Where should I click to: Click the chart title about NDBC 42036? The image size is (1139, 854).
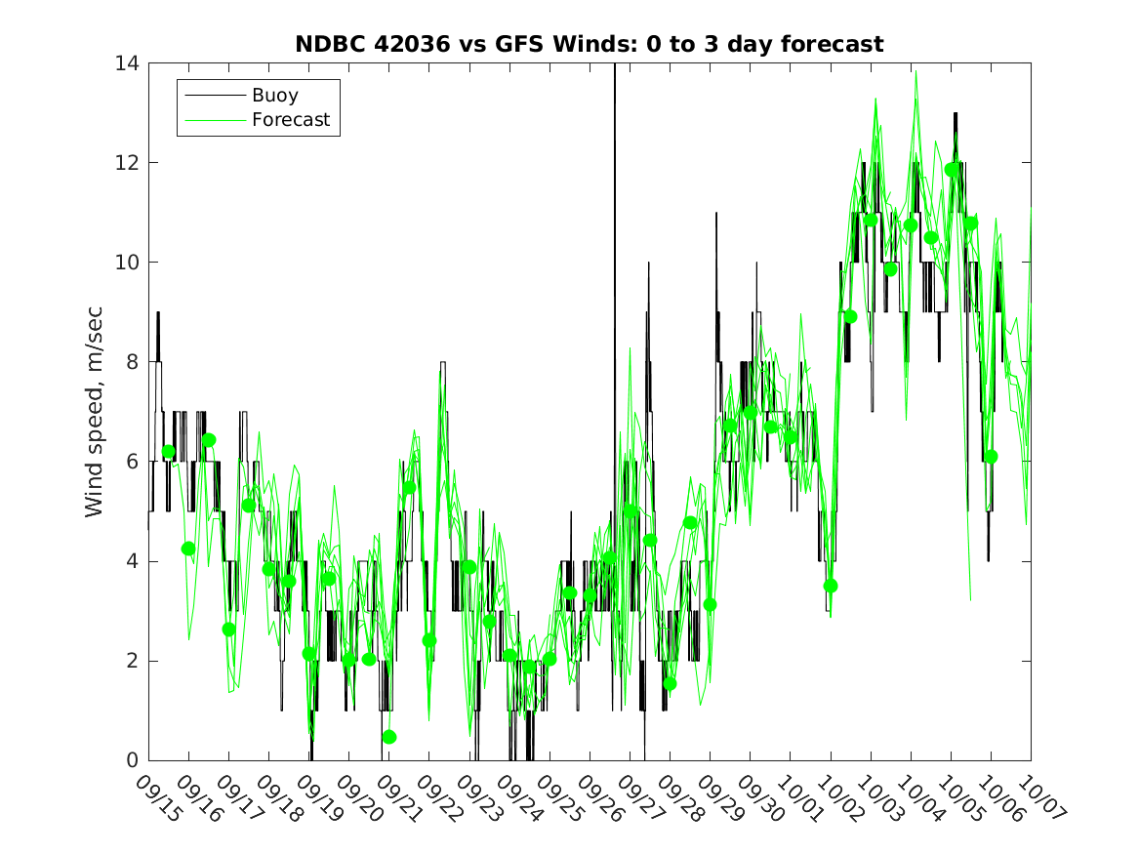tap(590, 44)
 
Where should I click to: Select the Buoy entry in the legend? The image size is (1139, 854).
tap(275, 96)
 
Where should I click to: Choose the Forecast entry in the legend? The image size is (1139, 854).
tap(291, 120)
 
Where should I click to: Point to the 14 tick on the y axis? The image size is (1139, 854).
tap(127, 63)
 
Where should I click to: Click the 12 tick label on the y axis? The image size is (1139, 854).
tap(127, 163)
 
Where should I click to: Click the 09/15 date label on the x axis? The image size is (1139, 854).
tap(158, 798)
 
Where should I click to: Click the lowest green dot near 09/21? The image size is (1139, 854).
tap(389, 737)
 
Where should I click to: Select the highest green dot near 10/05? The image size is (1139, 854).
tap(952, 170)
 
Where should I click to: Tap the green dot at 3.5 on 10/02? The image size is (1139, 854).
tap(831, 586)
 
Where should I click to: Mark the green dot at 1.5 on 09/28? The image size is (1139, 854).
tap(670, 683)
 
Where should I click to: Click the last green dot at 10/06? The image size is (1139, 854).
tap(991, 457)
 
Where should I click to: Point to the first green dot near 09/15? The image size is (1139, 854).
tap(169, 451)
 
